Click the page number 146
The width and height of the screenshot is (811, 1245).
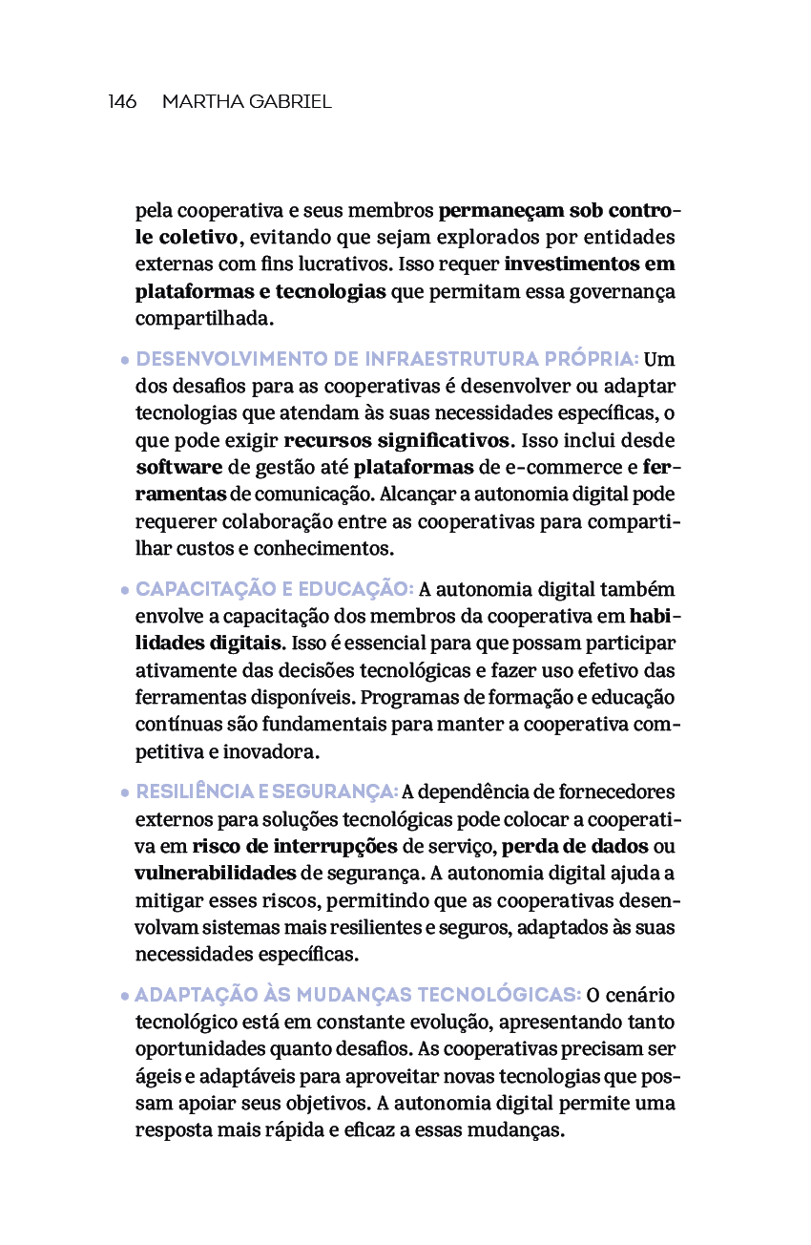click(x=122, y=102)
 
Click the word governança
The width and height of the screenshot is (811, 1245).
click(x=625, y=291)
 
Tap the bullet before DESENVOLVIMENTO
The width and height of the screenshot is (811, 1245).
click(x=125, y=362)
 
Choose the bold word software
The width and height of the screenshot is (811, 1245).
click(x=178, y=468)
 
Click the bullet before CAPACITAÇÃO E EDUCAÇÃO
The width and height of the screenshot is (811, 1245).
click(x=125, y=591)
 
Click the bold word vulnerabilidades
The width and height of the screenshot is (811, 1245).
click(x=215, y=873)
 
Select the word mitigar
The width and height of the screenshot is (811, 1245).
click(x=165, y=899)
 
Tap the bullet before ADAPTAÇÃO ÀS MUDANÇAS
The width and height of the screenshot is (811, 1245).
click(x=125, y=997)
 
